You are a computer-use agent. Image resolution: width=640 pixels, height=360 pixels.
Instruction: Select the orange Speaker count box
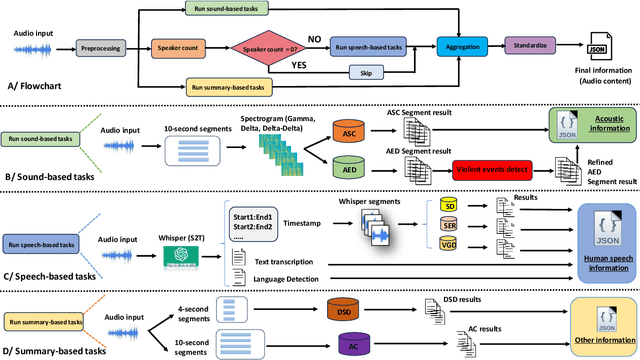click(x=176, y=46)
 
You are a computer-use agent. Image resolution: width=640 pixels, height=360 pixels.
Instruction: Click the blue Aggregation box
click(x=462, y=46)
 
